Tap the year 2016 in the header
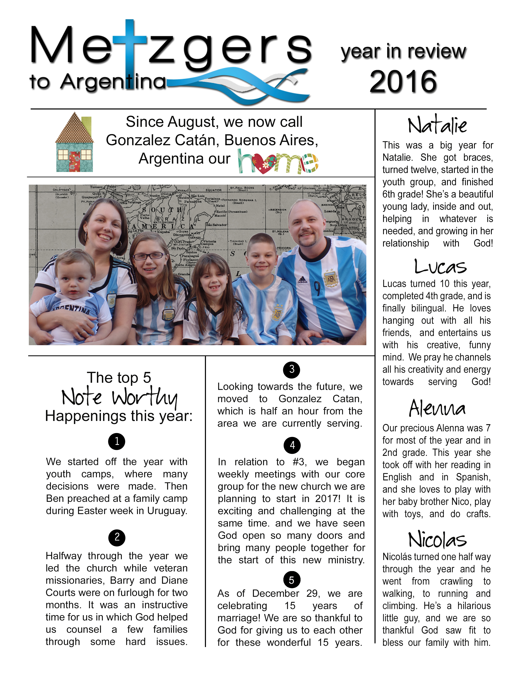[403, 81]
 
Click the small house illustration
[74, 142]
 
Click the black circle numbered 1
[117, 441]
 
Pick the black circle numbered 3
[291, 369]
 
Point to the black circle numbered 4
[292, 445]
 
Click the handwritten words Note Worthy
[120, 397]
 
